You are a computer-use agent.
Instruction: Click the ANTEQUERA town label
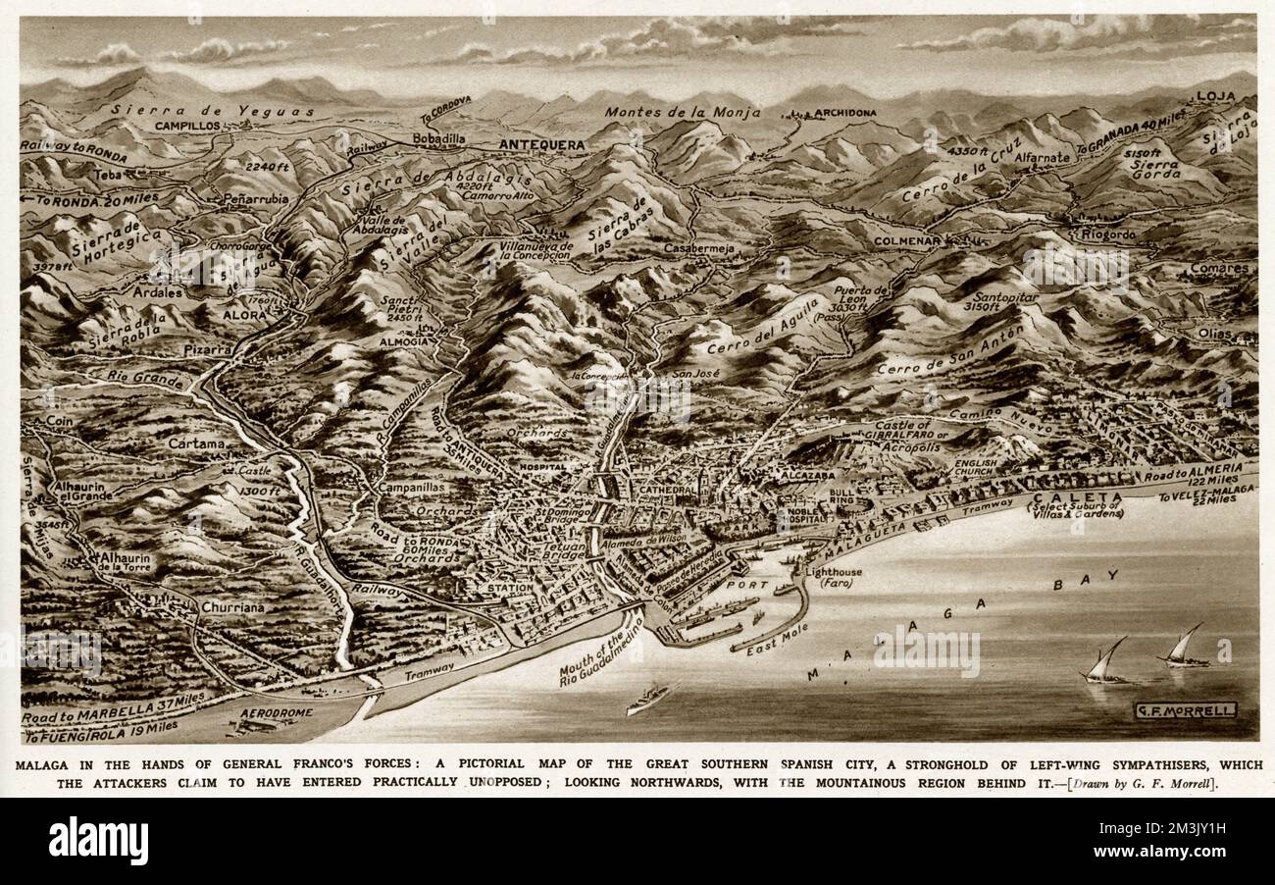click(541, 145)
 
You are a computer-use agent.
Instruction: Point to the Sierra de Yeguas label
click(213, 111)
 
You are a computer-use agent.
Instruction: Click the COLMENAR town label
click(907, 239)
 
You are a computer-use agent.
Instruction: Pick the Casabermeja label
click(699, 249)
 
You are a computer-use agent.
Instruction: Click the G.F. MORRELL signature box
click(1185, 710)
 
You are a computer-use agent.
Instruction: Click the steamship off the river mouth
click(649, 698)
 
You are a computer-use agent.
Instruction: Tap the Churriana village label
click(232, 607)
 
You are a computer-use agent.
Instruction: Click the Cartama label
click(196, 443)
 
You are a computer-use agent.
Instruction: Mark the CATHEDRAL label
click(667, 490)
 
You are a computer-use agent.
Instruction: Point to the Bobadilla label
click(438, 139)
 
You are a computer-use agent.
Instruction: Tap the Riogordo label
click(1108, 234)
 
